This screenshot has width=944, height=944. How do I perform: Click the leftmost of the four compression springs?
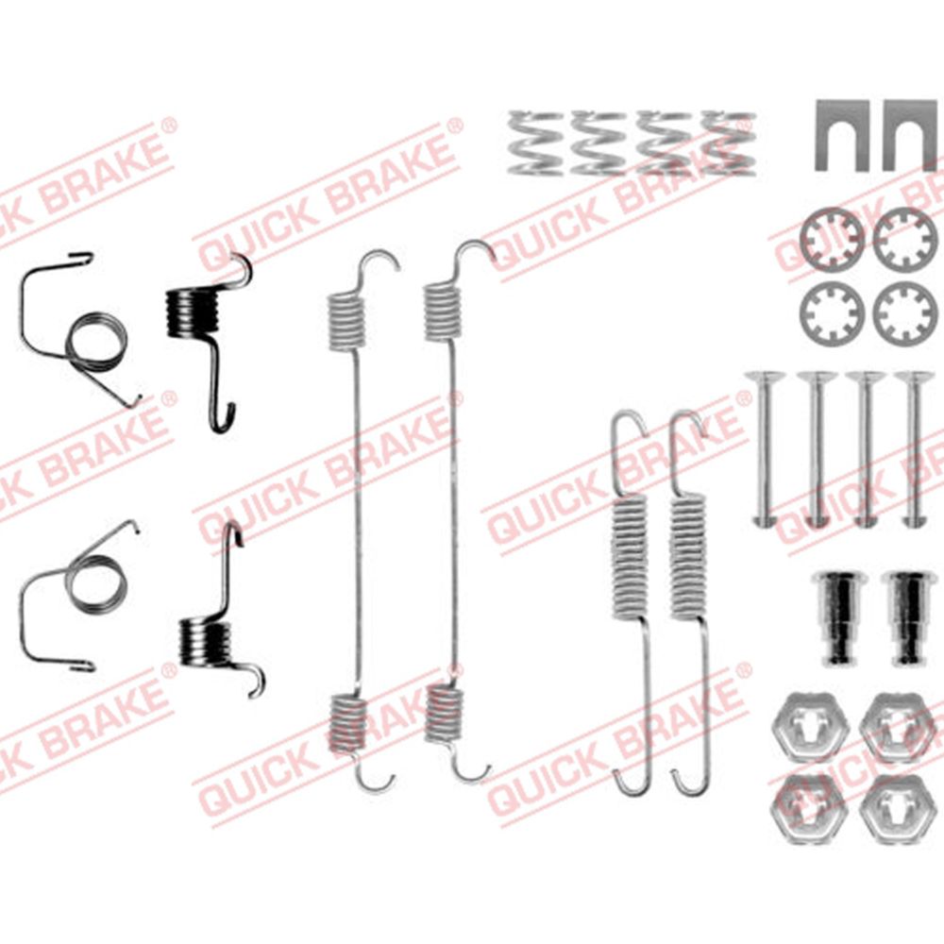(x=535, y=143)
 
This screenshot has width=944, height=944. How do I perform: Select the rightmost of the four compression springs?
(x=729, y=143)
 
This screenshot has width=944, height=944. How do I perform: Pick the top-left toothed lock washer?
(x=832, y=240)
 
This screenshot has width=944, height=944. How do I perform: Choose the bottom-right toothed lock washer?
(x=905, y=314)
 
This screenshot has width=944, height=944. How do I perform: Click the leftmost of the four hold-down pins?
(x=764, y=449)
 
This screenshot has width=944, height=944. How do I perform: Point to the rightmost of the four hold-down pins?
(x=913, y=449)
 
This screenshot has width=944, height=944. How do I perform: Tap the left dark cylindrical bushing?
(x=838, y=617)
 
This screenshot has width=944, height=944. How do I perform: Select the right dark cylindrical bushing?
(x=908, y=617)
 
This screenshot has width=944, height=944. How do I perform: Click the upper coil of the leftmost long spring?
(x=346, y=321)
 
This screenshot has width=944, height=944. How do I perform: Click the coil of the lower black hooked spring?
(x=206, y=644)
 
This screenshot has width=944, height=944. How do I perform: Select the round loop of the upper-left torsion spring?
(x=96, y=342)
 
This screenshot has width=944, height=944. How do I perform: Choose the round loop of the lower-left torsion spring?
(x=96, y=582)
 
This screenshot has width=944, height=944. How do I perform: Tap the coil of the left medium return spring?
(x=630, y=556)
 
